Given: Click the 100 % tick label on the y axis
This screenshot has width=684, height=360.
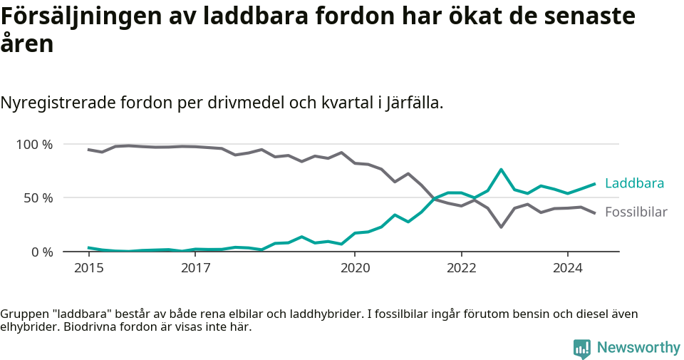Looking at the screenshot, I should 34,145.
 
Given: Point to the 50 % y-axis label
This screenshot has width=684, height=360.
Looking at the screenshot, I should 38,198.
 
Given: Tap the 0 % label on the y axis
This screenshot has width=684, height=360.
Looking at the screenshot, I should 41,252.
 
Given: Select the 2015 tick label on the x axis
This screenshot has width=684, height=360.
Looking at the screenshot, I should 88,269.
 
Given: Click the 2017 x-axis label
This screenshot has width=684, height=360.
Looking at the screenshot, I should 195,269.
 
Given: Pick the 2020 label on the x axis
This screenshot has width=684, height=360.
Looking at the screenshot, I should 355,269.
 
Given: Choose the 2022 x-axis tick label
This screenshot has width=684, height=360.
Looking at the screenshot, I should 461,269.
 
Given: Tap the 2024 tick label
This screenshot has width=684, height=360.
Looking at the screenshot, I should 568,269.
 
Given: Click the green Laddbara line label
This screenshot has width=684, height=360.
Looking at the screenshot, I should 634,184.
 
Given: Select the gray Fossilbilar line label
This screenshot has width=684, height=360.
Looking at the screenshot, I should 636,212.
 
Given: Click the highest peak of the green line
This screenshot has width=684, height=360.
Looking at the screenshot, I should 501,170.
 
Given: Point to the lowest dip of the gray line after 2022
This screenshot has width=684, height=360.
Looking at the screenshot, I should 501,227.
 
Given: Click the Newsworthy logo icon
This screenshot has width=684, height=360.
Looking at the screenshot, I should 581,349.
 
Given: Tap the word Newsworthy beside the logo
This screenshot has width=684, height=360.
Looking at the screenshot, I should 638,348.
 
